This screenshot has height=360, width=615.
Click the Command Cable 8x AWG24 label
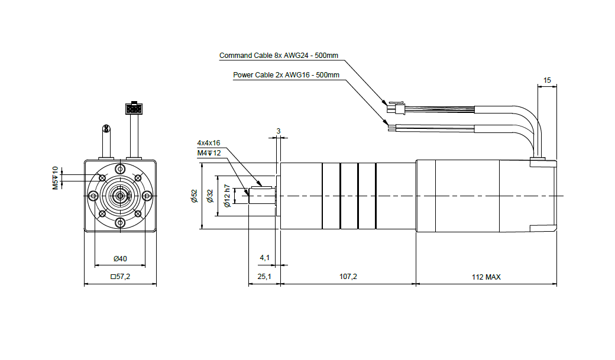279,56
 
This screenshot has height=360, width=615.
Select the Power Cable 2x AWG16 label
286,75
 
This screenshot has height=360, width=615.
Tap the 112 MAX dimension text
486,277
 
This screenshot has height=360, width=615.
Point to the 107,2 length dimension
348,277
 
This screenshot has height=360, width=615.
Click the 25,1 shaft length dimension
264,277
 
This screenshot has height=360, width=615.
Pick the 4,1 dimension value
265,258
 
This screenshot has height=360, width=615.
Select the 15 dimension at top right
547,80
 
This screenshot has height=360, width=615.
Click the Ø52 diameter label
195,196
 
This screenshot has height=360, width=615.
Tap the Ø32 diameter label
210,196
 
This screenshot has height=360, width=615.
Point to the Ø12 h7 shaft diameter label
226,196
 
